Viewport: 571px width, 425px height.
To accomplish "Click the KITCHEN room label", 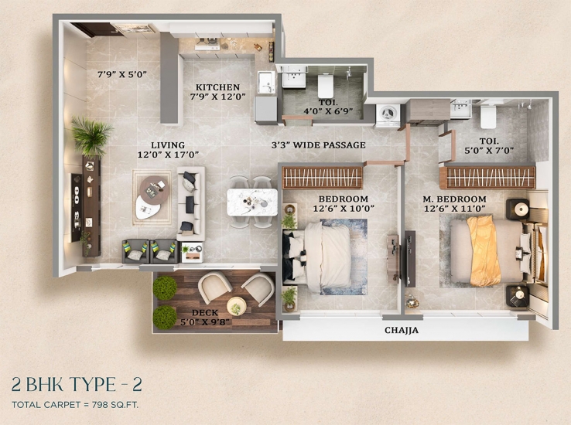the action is (x=217, y=87).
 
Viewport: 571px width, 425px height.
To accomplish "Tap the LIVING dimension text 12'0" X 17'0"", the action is (x=168, y=155).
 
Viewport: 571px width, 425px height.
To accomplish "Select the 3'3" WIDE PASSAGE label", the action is (x=319, y=145).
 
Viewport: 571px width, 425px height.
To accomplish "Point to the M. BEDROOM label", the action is (x=454, y=199).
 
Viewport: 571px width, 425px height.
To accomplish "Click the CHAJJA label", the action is (x=402, y=330).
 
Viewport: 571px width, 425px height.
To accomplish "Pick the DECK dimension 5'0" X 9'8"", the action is (x=205, y=322).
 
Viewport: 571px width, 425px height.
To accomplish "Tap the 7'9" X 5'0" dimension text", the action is (x=122, y=74).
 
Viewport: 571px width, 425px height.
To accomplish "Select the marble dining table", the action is (x=252, y=202).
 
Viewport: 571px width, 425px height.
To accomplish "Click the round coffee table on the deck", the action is (x=236, y=306).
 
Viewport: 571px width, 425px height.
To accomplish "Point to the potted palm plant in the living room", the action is (x=91, y=135).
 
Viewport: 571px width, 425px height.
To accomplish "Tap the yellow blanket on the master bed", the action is (x=484, y=251).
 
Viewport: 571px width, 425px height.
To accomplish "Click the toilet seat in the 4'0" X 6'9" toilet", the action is (x=326, y=86).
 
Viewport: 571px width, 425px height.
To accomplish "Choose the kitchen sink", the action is (x=266, y=82).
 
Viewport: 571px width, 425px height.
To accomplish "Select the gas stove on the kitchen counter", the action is (x=207, y=44).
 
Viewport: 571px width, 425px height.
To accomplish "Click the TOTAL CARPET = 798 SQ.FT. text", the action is (x=75, y=405).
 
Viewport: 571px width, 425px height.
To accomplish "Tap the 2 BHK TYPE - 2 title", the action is (x=77, y=384).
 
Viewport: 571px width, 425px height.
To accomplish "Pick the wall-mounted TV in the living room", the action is (x=76, y=208).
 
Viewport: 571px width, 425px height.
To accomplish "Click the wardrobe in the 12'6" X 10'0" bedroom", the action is (x=323, y=178).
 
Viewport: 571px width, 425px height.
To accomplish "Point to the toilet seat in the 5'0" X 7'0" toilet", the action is (x=488, y=116).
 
